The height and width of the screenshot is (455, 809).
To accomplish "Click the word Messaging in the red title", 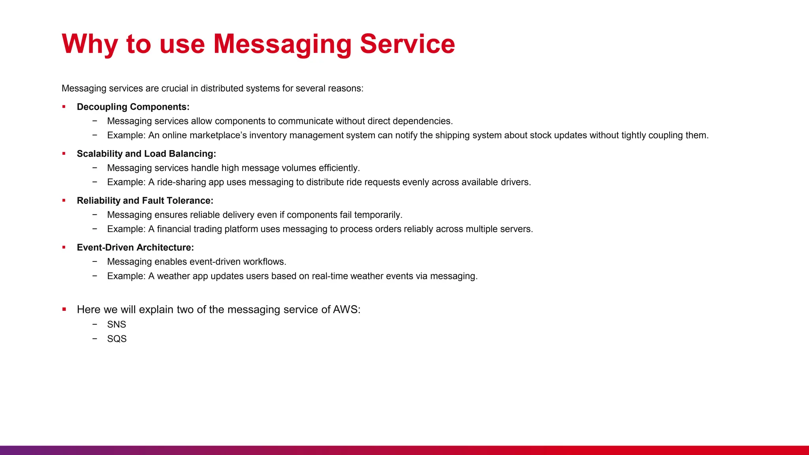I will pyautogui.click(x=282, y=44).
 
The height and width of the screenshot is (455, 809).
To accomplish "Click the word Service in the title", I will pyautogui.click(x=407, y=44).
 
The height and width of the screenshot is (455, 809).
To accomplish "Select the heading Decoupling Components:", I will pyautogui.click(x=133, y=107).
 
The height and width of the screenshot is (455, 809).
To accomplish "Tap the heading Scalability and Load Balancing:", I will pyautogui.click(x=146, y=154).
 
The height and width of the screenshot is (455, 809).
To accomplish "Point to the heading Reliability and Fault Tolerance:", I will pyautogui.click(x=145, y=201).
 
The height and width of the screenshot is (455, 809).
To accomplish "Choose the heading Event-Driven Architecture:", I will pyautogui.click(x=135, y=248).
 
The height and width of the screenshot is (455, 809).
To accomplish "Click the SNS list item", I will pyautogui.click(x=117, y=325).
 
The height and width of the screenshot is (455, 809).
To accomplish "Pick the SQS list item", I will pyautogui.click(x=117, y=339).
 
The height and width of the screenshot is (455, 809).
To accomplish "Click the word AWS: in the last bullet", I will pyautogui.click(x=346, y=310).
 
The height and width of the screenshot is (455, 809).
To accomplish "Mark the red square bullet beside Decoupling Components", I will pyautogui.click(x=64, y=107).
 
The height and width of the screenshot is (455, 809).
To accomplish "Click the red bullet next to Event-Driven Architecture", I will pyautogui.click(x=64, y=247).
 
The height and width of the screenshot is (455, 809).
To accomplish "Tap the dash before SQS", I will pyautogui.click(x=95, y=338).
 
